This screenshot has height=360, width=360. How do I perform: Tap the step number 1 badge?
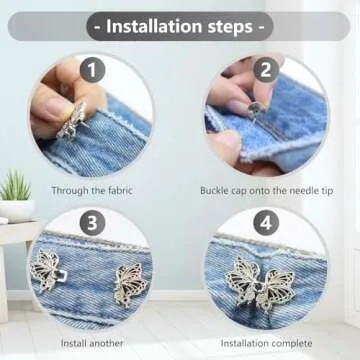[92, 71]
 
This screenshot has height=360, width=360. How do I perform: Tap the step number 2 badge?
[267, 71]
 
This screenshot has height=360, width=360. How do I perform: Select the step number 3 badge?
[92, 223]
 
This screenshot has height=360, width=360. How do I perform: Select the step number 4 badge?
[267, 223]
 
